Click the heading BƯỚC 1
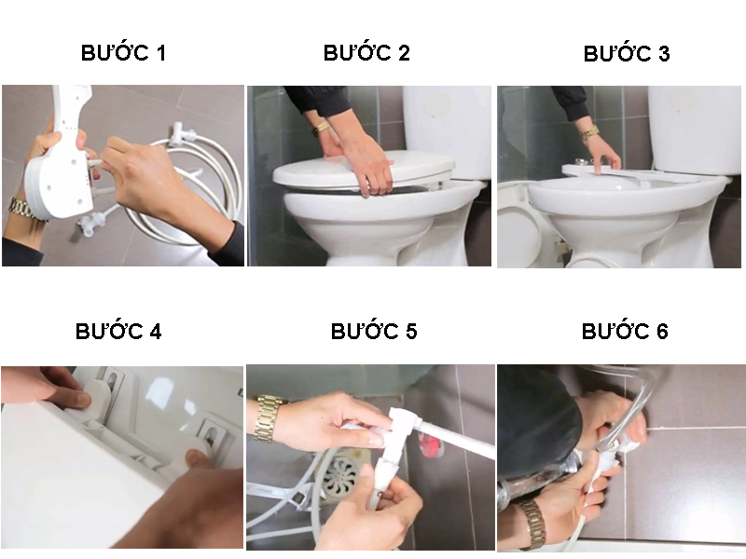[x=123, y=52]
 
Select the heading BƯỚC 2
[x=366, y=52]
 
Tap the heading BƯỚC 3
[x=627, y=53]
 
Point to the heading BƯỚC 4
[x=118, y=331]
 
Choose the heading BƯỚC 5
[x=374, y=331]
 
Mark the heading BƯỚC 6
[x=625, y=331]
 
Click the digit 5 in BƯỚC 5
[x=410, y=332]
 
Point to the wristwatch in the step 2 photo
[x=321, y=128]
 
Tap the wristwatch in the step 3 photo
[x=588, y=132]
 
